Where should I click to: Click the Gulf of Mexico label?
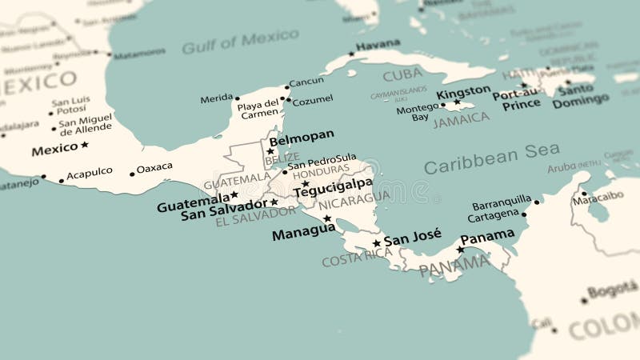[x=229, y=41]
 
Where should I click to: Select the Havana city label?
[x=378, y=46]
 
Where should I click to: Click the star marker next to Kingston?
[x=457, y=102]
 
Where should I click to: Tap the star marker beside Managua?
[x=327, y=218]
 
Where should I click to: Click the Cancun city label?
[x=306, y=82]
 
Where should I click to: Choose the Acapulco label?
[x=90, y=173]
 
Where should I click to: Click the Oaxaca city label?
[x=154, y=167]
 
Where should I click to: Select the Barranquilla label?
[x=502, y=200]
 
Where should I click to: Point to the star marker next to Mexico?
[x=85, y=145]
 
